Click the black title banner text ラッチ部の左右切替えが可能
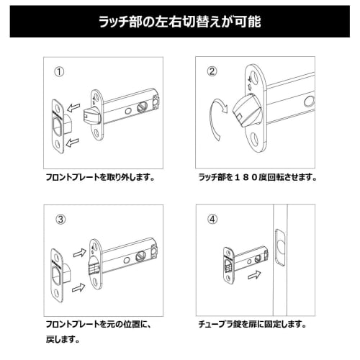point(179,22)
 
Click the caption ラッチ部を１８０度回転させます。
point(256,176)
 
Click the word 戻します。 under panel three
point(62,339)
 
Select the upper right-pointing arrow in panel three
point(78,253)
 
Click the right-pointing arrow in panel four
point(253,274)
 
